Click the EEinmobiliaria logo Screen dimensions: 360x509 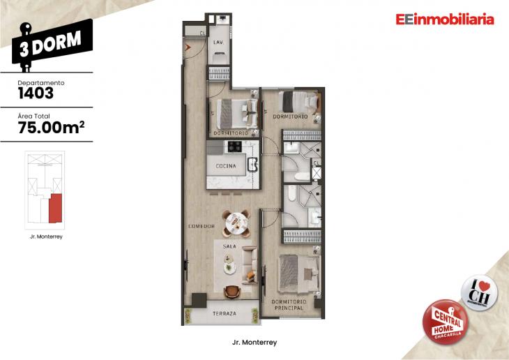[444, 20]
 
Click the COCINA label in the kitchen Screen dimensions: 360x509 [225, 166]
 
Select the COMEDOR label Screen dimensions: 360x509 [200, 226]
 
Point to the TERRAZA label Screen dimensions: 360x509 [225, 314]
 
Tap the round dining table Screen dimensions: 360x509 [236, 223]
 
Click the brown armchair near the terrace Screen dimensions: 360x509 [233, 291]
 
